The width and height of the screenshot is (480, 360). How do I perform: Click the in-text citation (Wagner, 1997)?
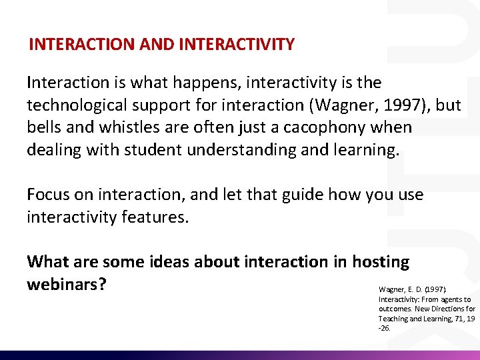click(386, 105)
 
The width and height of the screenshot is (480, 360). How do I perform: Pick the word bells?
click(43, 127)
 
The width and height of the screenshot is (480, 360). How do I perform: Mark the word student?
click(151, 149)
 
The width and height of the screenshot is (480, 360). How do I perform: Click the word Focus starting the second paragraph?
click(47, 194)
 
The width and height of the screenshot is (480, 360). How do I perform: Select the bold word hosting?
click(381, 262)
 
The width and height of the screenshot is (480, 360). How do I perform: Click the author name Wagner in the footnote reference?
click(392, 290)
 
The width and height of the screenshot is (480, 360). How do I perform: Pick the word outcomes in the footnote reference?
click(394, 309)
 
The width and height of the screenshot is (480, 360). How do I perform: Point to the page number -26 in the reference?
click(384, 328)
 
